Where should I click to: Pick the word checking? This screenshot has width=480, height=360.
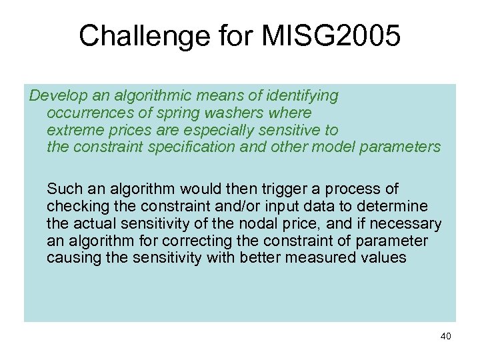[x=75, y=206]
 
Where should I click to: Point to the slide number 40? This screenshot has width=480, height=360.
[x=445, y=336]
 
